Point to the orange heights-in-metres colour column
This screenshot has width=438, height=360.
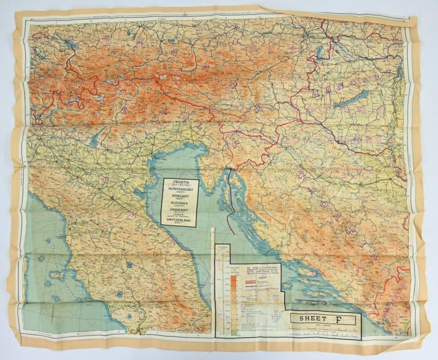coord(233,295)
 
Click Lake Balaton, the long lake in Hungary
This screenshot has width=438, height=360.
coord(351,100)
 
